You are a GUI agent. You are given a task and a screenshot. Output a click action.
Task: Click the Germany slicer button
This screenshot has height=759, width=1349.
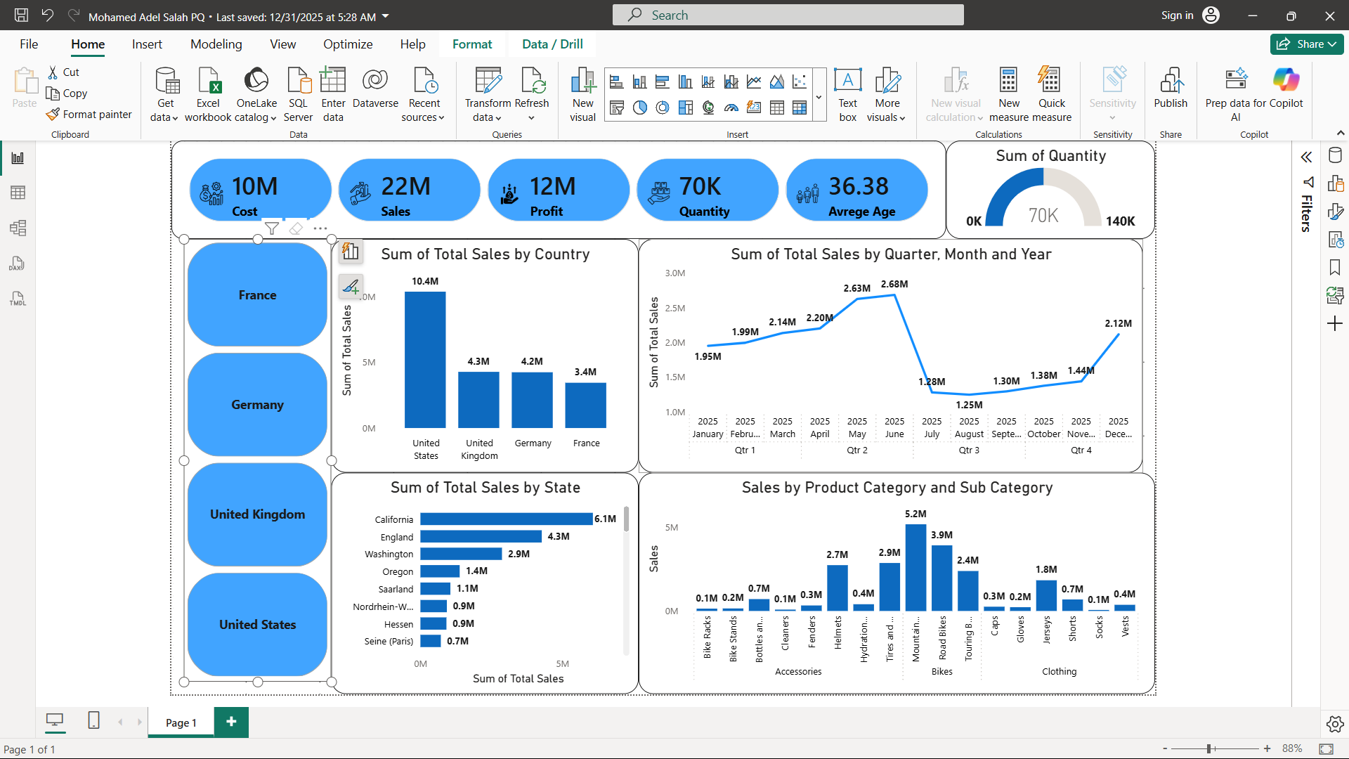tap(257, 405)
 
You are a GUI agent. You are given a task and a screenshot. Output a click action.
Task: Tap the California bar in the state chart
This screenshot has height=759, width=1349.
tap(506, 519)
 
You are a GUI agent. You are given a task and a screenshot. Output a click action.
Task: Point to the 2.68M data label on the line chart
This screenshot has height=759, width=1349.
tap(894, 284)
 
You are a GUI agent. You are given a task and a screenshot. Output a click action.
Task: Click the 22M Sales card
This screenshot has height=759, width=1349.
tap(409, 190)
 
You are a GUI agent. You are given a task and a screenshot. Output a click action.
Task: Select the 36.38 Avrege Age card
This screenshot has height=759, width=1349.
tap(856, 190)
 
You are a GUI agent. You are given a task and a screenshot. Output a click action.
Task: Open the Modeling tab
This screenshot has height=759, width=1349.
tap(216, 44)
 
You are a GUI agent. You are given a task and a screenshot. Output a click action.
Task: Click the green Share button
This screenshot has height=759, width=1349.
tap(1306, 44)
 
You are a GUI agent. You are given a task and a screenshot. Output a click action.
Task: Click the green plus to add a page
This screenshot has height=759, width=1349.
tap(231, 722)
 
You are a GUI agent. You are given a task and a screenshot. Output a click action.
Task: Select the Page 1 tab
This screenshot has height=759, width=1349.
tap(181, 722)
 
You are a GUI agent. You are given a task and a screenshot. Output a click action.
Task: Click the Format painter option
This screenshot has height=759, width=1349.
tap(89, 114)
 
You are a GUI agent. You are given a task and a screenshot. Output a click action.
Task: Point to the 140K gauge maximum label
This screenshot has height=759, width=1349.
tap(1120, 221)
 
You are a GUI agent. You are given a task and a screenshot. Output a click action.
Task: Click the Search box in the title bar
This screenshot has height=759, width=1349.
tap(788, 15)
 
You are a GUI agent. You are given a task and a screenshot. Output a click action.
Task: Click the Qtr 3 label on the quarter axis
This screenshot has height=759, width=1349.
tap(969, 450)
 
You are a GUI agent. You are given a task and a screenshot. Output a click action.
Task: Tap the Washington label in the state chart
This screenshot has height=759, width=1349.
tap(389, 554)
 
